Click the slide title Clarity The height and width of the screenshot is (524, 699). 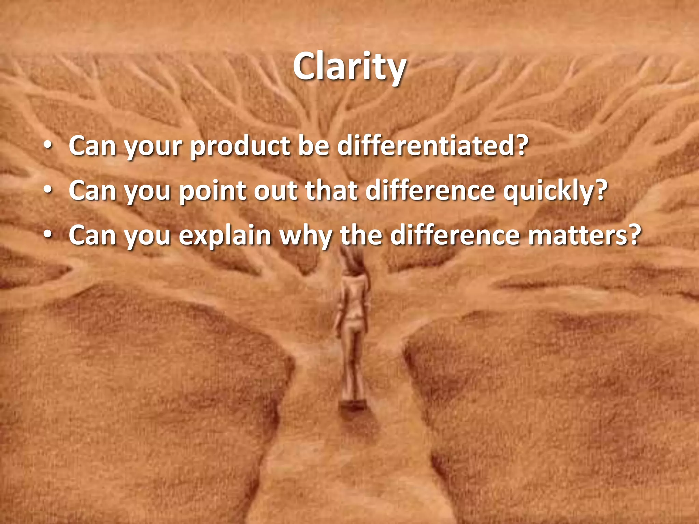[x=349, y=67]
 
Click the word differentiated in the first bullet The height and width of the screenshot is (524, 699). [x=432, y=146]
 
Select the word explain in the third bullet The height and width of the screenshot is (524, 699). [x=225, y=236]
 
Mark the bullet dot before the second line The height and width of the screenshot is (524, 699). [x=48, y=191]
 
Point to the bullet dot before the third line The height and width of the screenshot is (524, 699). [x=48, y=236]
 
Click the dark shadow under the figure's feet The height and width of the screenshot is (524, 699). [x=352, y=406]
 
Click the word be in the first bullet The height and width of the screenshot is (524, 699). [x=313, y=146]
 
